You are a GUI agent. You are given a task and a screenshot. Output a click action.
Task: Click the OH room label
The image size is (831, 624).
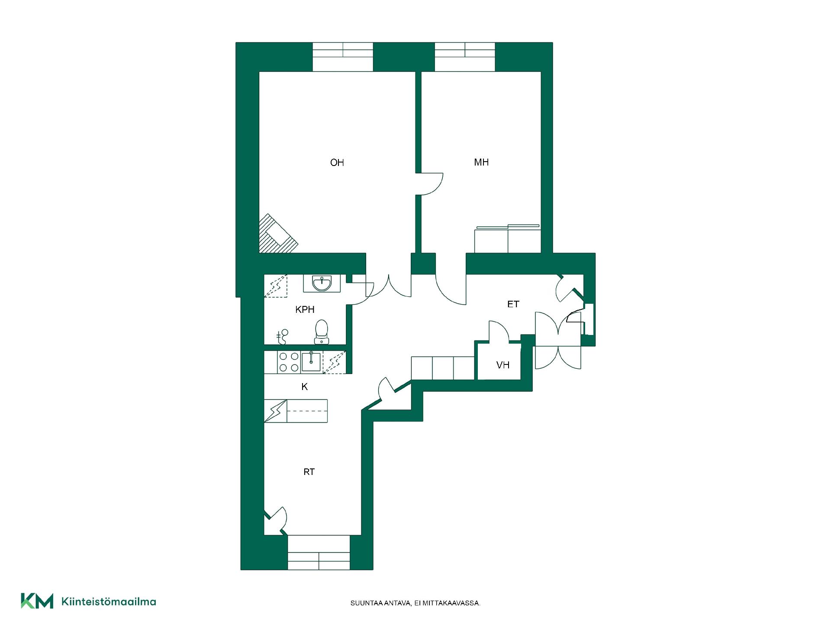point(337,162)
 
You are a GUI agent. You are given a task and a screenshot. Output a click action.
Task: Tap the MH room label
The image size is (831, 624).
point(481,162)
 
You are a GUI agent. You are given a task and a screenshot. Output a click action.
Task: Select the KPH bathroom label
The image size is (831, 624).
point(305,309)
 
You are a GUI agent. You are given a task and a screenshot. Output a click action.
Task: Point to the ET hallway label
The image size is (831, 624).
point(513,304)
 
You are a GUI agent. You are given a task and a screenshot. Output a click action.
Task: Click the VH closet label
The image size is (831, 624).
point(502,365)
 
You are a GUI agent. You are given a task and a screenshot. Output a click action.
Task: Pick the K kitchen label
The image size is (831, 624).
point(305,387)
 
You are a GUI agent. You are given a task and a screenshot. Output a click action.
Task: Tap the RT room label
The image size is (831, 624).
point(309,472)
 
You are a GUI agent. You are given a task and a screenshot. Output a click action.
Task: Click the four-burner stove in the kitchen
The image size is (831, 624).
point(289,362)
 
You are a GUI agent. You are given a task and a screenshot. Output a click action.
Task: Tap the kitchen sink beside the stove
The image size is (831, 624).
point(311,362)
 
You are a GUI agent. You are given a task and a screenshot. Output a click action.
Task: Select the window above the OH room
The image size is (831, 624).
point(343,57)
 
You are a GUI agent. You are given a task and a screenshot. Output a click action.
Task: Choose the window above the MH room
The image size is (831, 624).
point(465,57)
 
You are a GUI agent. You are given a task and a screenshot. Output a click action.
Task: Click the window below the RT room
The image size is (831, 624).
point(319,552)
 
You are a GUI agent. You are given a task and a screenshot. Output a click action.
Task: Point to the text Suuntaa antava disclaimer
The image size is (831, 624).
point(415,603)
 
